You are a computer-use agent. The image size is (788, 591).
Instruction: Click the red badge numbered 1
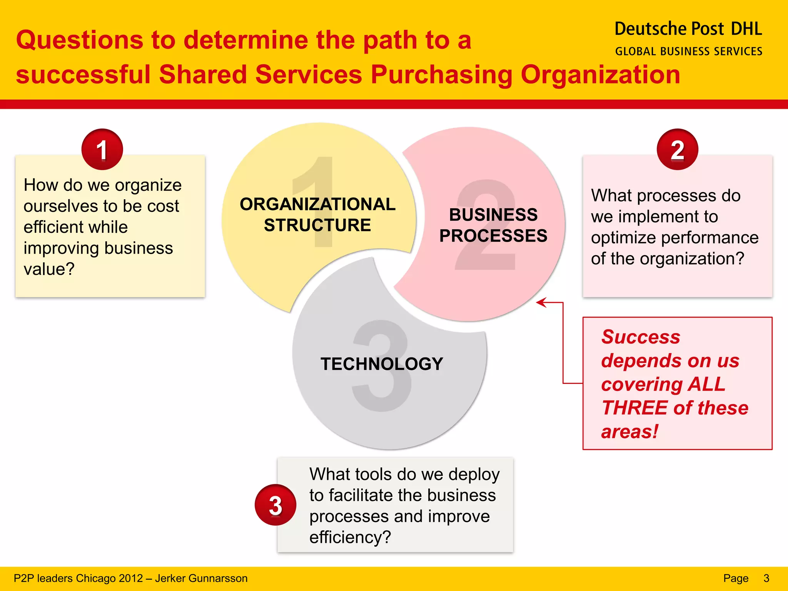point(102,149)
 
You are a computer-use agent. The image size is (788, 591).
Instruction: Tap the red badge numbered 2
point(677,149)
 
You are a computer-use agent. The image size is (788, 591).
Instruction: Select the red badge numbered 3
point(275,505)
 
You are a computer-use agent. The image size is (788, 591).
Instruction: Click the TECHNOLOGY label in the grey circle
point(382,364)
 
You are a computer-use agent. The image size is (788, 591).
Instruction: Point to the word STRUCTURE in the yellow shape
point(317,225)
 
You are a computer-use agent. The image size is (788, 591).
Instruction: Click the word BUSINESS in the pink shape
point(493,215)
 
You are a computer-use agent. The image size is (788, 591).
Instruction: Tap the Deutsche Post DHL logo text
point(688,29)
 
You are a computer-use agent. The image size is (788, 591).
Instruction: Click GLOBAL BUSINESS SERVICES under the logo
point(689,52)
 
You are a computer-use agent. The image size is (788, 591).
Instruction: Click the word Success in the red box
point(641,337)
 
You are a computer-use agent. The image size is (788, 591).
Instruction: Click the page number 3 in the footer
point(766,578)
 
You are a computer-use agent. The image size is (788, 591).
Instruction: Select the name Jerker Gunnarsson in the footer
point(201,578)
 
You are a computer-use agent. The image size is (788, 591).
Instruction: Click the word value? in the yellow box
point(49,269)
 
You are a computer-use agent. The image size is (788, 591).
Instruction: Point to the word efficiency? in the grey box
point(350,537)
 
